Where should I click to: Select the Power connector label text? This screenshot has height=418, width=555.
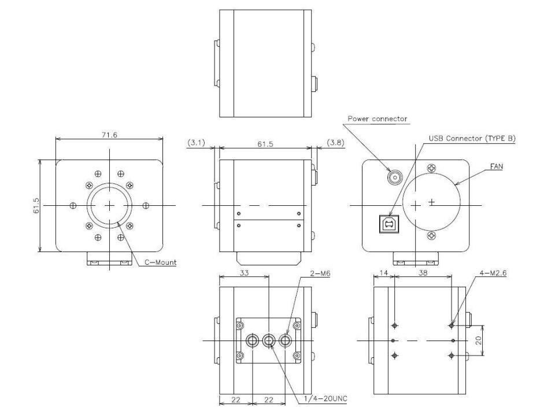(x=377, y=119)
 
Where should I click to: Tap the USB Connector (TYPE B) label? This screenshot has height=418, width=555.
(x=472, y=139)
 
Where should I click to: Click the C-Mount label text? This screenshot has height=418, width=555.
(x=160, y=262)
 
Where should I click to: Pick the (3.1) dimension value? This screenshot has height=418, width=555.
(x=195, y=142)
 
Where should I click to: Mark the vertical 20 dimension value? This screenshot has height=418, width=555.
(x=479, y=341)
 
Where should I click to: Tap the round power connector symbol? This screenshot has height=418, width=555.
(x=395, y=177)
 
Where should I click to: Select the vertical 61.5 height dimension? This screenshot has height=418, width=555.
(x=35, y=205)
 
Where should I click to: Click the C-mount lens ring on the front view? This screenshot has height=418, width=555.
(x=109, y=205)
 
